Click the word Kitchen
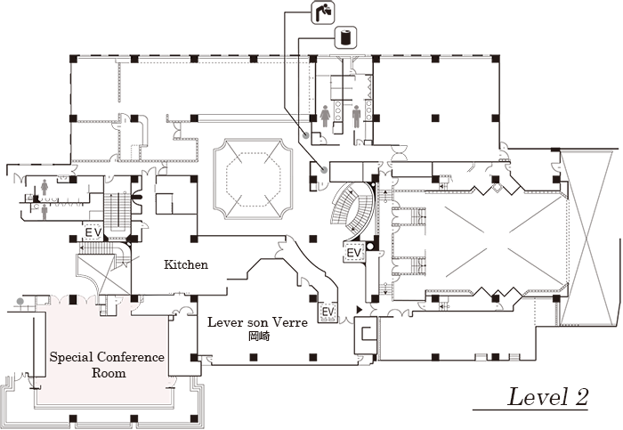click(x=186, y=264)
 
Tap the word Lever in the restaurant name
click(x=226, y=323)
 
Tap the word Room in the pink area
click(x=108, y=373)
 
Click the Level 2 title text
click(x=547, y=397)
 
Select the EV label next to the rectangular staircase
click(x=93, y=231)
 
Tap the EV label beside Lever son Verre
click(x=328, y=312)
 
